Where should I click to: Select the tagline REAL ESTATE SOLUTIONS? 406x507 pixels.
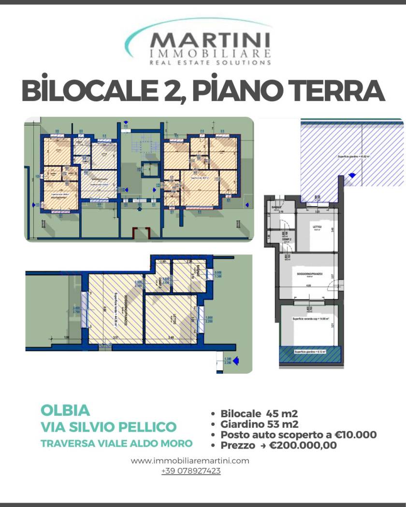pyautogui.click(x=211, y=62)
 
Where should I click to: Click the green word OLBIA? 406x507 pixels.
pyautogui.click(x=65, y=410)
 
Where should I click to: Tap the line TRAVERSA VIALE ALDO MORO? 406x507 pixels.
pyautogui.click(x=116, y=443)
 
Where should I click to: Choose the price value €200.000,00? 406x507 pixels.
pyautogui.click(x=303, y=445)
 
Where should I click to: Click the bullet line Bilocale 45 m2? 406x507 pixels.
pyautogui.click(x=259, y=414)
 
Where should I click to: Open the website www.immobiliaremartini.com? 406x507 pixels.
pyautogui.click(x=190, y=461)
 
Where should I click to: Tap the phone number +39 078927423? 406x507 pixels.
pyautogui.click(x=191, y=471)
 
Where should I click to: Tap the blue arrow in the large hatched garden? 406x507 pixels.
pyautogui.click(x=352, y=175)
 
